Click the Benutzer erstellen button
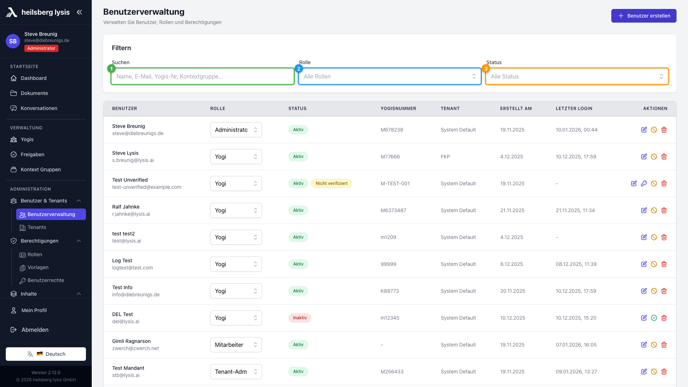[644, 16]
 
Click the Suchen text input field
[203, 76]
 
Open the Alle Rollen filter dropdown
[390, 76]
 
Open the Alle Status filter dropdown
[577, 76]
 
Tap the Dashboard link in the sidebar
[34, 78]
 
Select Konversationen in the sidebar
[39, 108]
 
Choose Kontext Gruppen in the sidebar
[40, 169]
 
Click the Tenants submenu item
[37, 227]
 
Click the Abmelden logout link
[35, 330]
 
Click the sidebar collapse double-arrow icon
[80, 12]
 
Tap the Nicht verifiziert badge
[331, 183]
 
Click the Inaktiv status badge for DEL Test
[300, 318]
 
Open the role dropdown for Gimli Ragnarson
[236, 345]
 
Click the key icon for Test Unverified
[644, 183]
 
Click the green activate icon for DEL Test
[654, 318]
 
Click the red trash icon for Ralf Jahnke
[664, 210]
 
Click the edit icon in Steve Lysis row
[644, 157]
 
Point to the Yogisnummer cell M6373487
[393, 210]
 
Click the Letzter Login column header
[574, 109]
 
